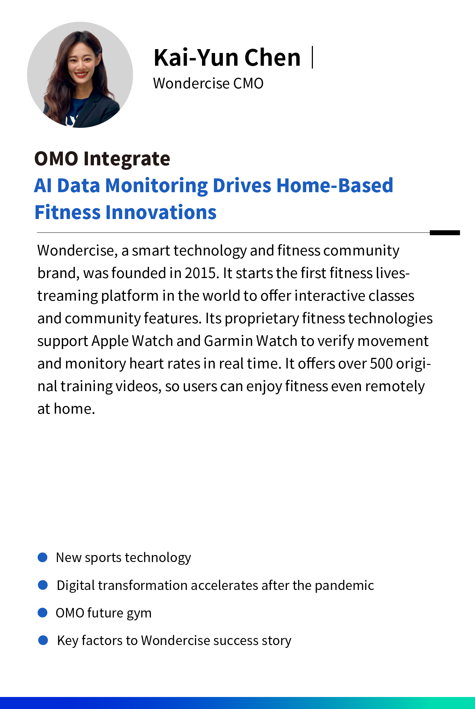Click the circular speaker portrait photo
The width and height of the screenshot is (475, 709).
click(80, 75)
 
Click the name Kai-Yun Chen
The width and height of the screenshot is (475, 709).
click(227, 57)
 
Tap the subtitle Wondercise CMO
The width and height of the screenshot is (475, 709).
click(208, 83)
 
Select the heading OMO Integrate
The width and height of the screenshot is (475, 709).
click(102, 159)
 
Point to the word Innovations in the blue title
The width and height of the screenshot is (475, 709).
click(161, 212)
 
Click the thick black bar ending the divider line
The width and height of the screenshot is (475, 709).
click(445, 232)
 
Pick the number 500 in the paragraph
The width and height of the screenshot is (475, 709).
click(381, 364)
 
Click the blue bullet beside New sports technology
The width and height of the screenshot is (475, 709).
click(42, 557)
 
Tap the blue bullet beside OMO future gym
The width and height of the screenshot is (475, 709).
click(42, 613)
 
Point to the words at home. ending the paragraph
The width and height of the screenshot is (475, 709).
click(66, 409)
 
